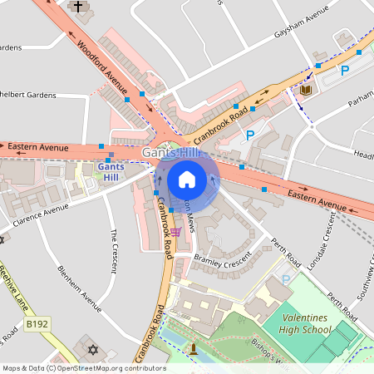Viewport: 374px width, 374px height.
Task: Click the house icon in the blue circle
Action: pos(187,179)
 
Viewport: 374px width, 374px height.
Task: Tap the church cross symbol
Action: pos(79,7)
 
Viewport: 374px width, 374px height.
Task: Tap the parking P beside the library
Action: pos(345,71)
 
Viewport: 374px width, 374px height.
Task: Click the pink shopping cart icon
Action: pos(175,232)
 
